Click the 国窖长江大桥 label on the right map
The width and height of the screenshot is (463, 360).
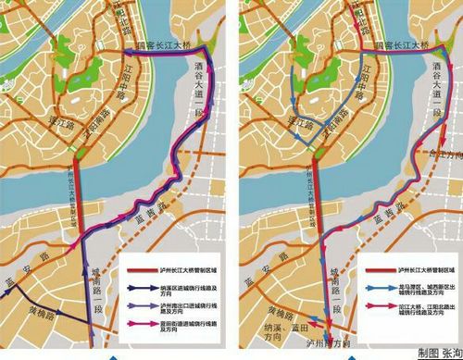tap(399, 43)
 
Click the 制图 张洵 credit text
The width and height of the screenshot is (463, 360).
tap(435, 353)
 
